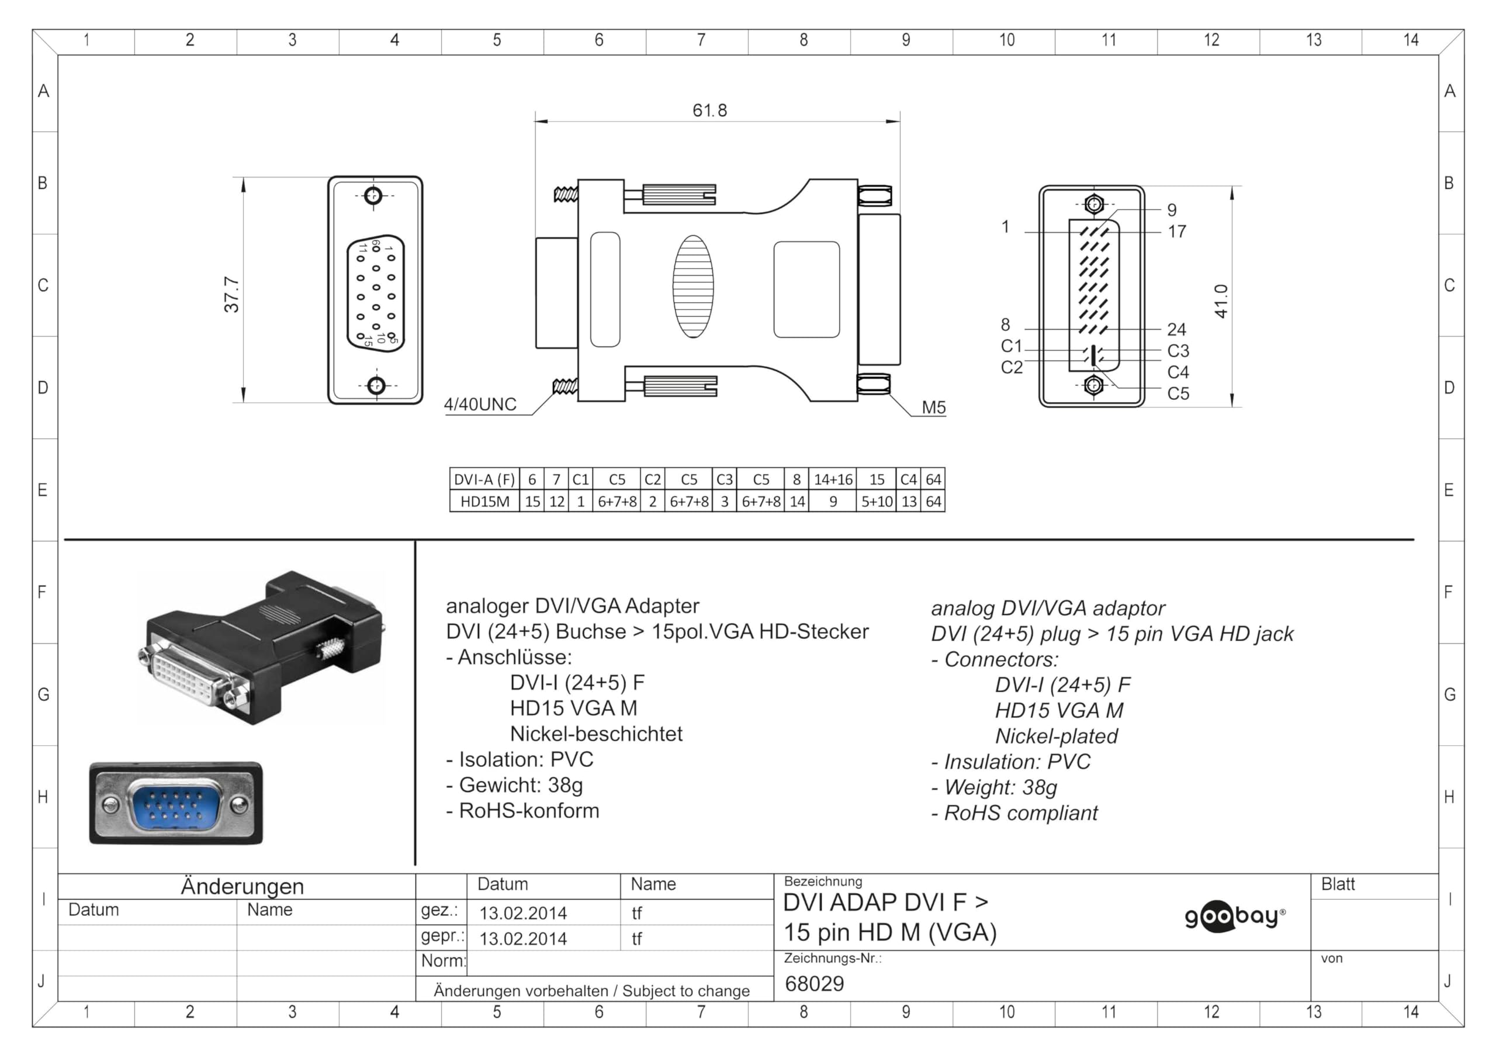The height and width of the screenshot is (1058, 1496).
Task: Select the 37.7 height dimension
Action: (231, 294)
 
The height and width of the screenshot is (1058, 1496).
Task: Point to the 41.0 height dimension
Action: (1220, 300)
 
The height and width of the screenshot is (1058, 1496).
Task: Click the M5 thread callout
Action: (933, 407)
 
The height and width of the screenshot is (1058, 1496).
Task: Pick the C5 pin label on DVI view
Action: (1178, 394)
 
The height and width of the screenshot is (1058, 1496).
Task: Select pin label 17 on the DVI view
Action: (1177, 231)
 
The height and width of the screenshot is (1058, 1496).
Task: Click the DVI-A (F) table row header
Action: (484, 480)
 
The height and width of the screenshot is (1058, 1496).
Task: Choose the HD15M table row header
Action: (484, 502)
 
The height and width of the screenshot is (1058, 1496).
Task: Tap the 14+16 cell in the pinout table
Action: (833, 480)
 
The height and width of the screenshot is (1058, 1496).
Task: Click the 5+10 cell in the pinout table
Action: (877, 502)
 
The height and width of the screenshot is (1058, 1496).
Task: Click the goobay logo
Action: (1234, 916)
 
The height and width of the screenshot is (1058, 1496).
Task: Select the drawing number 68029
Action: (814, 983)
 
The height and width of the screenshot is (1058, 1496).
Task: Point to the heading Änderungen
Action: (242, 887)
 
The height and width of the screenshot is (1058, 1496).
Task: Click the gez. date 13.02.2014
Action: (522, 912)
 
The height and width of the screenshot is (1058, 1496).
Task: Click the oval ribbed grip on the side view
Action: (692, 286)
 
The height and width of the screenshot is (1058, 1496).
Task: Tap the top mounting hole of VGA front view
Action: (373, 196)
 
